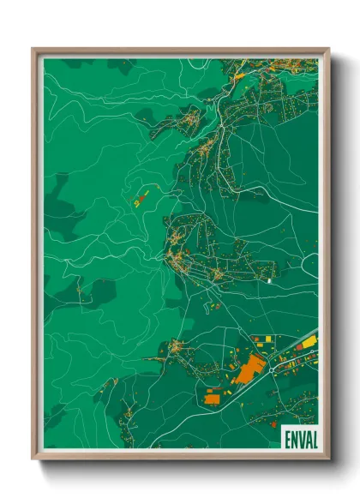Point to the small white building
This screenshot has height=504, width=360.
[269, 279]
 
